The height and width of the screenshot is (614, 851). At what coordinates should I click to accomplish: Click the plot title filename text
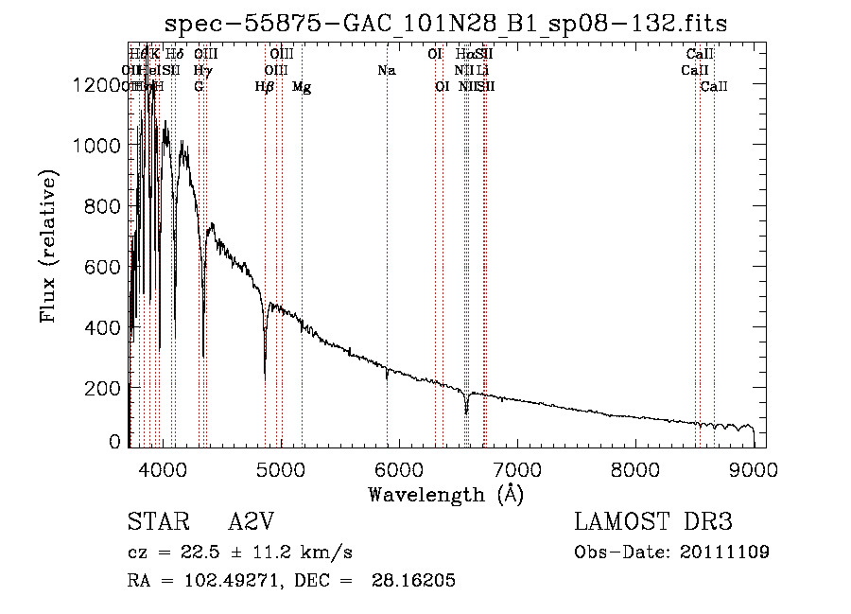click(x=445, y=24)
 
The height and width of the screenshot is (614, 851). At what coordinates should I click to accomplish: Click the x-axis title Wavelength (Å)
click(x=445, y=494)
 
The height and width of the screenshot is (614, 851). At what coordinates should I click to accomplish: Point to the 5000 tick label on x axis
click(x=280, y=468)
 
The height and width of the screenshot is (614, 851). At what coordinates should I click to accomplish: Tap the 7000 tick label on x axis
click(x=517, y=468)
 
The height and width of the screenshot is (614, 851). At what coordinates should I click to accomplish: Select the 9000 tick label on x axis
click(x=754, y=468)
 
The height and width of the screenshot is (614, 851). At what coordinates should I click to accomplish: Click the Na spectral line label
click(x=386, y=70)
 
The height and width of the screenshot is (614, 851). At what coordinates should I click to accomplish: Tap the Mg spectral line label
click(x=302, y=87)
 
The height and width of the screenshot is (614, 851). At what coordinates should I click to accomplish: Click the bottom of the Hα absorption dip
click(x=466, y=413)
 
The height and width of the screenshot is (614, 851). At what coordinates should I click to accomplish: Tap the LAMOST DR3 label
click(x=652, y=522)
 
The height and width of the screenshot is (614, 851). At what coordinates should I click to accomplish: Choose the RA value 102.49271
click(x=217, y=581)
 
